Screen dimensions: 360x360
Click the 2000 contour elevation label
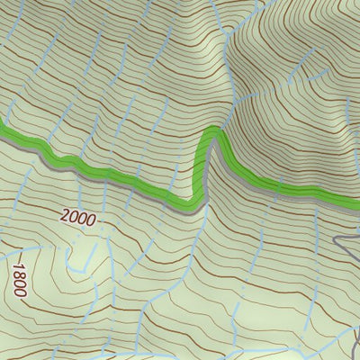(x=78, y=217)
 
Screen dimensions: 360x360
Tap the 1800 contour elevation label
(x=18, y=281)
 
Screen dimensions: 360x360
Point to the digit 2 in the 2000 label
(x=66, y=213)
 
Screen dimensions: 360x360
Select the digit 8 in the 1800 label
(x=17, y=275)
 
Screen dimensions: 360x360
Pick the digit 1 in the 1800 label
(x=15, y=266)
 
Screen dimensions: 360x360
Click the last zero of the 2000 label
(x=91, y=220)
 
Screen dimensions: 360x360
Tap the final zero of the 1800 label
(x=21, y=294)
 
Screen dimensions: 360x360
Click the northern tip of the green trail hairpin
(x=212, y=134)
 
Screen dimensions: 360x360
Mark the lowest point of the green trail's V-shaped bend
(x=192, y=202)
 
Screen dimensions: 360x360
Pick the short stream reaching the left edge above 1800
(x=18, y=249)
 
